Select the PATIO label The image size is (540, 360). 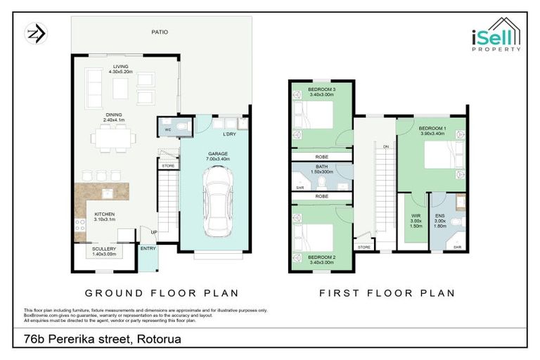pos(160,32)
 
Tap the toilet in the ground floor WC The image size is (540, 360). pos(181,128)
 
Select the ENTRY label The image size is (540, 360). pos(148,248)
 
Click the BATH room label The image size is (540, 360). pos(322,167)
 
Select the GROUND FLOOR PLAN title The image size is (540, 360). pos(162,292)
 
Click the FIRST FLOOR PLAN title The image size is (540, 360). pos(387,292)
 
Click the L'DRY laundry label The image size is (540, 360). pos(229,134)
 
